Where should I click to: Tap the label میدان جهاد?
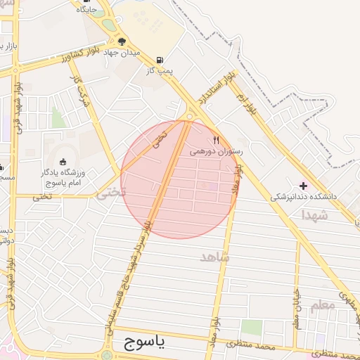(x=122, y=53)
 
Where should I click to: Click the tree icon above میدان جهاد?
(x=122, y=41)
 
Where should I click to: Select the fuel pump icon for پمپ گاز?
(x=162, y=60)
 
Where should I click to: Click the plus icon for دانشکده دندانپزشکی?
(x=303, y=186)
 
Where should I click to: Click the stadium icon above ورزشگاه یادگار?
(x=63, y=162)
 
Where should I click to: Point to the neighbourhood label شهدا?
(x=314, y=214)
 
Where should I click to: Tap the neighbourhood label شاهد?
(x=215, y=257)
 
